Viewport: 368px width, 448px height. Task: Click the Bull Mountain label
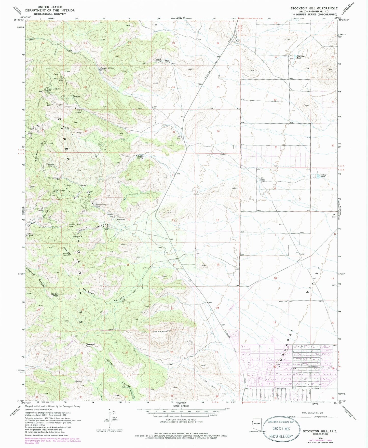click(160, 332)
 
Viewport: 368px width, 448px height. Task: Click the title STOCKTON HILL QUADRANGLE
click(314, 8)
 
